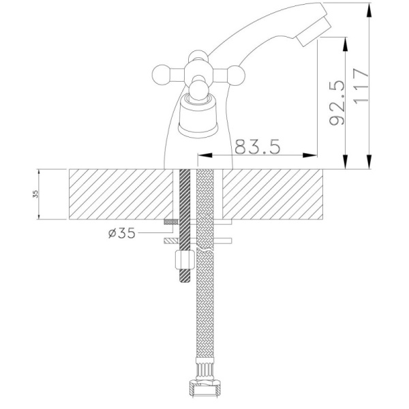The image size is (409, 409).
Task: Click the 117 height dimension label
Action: click(x=361, y=85)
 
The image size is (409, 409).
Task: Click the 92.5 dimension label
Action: click(x=337, y=102)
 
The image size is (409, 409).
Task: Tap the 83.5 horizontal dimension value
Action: click(x=258, y=147)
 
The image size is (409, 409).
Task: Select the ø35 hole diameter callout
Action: click(x=122, y=232)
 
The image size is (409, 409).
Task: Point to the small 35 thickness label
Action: click(x=35, y=194)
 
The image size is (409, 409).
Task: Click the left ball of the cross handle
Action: click(x=162, y=75)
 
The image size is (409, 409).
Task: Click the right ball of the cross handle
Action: click(x=236, y=76)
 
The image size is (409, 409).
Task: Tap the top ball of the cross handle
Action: click(x=198, y=56)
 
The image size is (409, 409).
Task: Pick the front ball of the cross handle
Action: click(x=198, y=90)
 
